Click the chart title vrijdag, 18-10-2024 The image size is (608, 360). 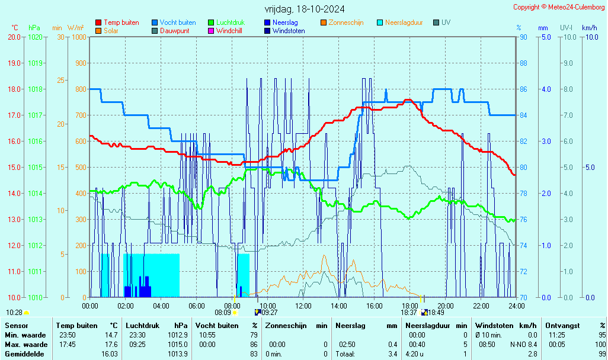point(304,9)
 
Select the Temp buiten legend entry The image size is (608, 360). point(121,22)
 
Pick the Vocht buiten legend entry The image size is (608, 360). point(177,22)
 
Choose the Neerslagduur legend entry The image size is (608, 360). point(404,22)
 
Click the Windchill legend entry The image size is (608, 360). point(231,30)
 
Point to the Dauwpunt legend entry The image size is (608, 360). point(174,30)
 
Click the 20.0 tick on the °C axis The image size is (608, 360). point(14,37)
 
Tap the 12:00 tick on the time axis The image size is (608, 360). point(303,306)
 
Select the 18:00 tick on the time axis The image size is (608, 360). point(410,306)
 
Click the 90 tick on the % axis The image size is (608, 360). point(524,37)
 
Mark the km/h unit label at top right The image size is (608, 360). point(589,28)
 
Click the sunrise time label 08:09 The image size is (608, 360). point(222,313)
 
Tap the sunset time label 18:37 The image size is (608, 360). point(409,313)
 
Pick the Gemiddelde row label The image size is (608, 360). point(24,354)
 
